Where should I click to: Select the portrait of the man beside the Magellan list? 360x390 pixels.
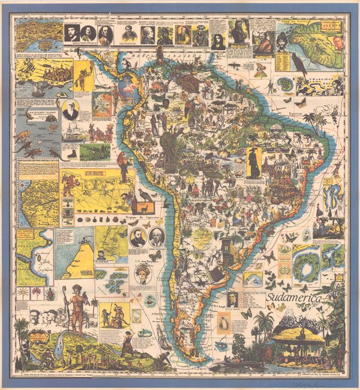pos(230,299)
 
